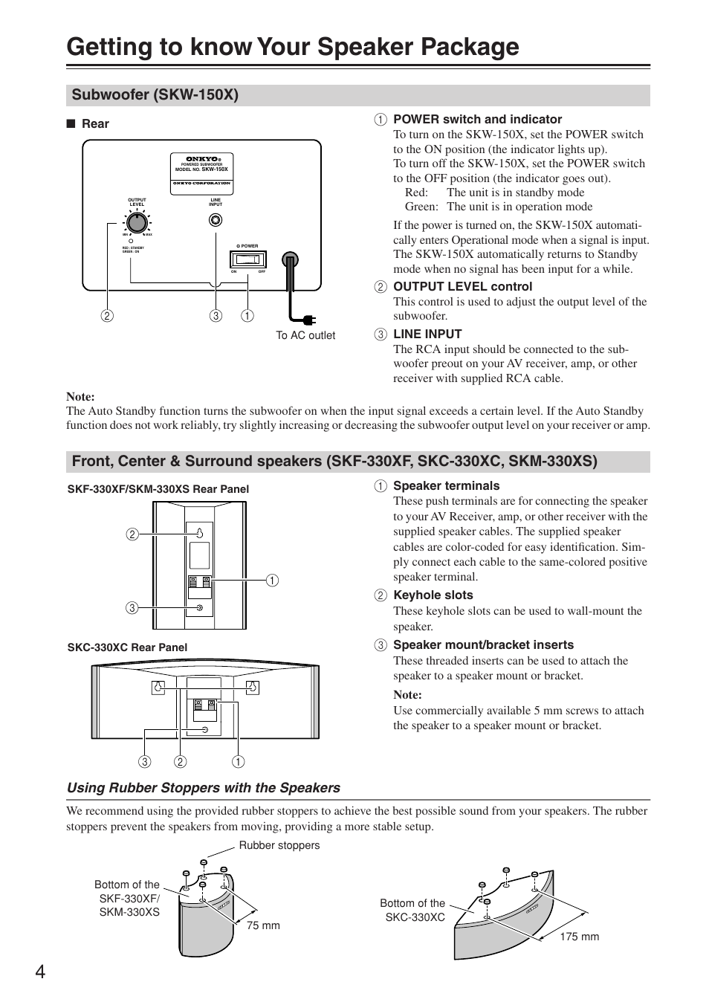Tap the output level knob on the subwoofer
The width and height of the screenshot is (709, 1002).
[x=136, y=222]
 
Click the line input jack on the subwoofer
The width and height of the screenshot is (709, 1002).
[x=216, y=220]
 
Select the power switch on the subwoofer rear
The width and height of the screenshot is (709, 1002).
[x=247, y=259]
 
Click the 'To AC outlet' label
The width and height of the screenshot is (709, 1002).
[x=305, y=335]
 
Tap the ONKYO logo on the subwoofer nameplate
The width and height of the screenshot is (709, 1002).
[x=201, y=159]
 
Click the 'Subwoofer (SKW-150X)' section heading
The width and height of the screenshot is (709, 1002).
[x=155, y=95]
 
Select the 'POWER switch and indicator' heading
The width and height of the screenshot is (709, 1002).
[x=477, y=119]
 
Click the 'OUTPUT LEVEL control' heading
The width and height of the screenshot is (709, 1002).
[x=462, y=286]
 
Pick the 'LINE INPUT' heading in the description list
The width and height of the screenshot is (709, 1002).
[x=427, y=334]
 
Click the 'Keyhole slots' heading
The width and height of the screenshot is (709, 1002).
[x=433, y=595]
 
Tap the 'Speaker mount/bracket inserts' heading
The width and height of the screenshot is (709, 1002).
[x=483, y=644]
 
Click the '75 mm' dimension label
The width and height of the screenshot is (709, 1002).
[x=263, y=925]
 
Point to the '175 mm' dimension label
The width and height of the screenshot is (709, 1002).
[x=579, y=937]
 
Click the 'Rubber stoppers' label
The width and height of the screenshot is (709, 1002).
[x=279, y=845]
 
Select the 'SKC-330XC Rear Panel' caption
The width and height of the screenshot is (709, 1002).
[x=127, y=647]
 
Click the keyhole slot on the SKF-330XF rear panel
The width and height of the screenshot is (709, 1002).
[x=200, y=534]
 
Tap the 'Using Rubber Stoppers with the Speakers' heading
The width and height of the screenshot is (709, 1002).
[x=204, y=788]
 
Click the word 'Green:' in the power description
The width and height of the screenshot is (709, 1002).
[x=421, y=207]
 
